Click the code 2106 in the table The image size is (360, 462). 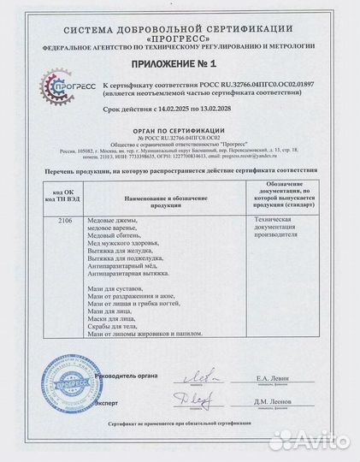tap(54, 220)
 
